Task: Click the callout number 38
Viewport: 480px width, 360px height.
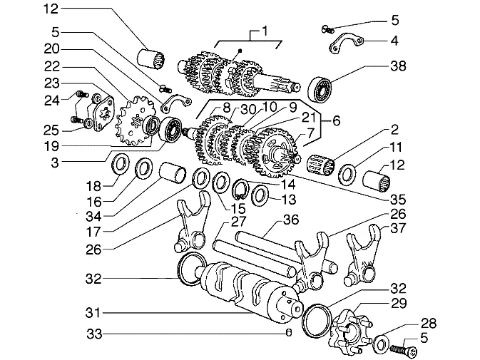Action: point(398,66)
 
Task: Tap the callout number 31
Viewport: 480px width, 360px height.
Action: point(93,313)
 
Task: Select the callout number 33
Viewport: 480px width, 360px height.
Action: point(94,334)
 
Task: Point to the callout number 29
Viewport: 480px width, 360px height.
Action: point(398,304)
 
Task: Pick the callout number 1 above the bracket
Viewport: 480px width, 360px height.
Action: point(265,31)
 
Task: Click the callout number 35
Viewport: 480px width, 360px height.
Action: point(398,200)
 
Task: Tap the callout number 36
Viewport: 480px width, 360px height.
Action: point(291,220)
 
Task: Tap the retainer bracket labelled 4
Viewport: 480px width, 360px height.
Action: point(347,43)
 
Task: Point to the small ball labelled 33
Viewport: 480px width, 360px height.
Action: point(288,332)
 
